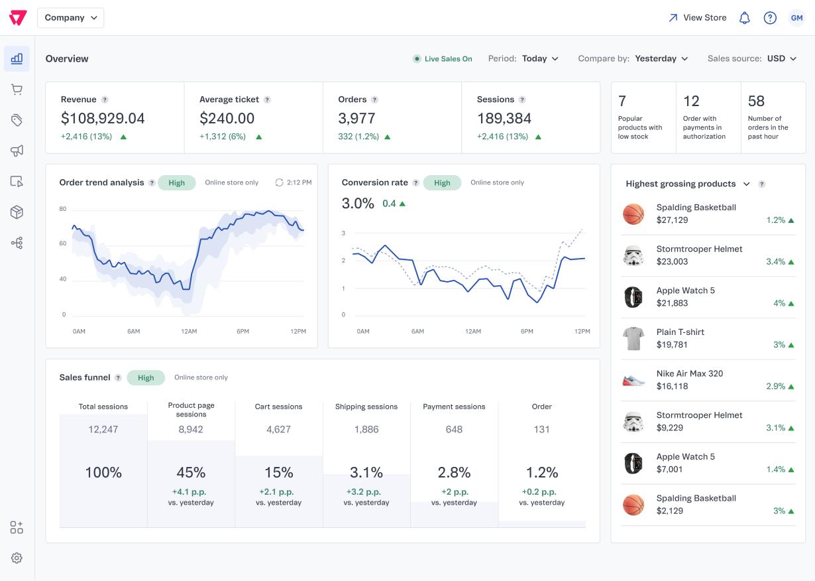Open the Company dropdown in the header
pos(71,18)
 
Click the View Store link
pos(698,18)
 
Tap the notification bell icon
pos(744,18)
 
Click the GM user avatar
pos(796,18)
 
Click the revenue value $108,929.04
pos(103,118)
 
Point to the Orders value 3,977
pos(356,118)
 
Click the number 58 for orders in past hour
pos(756,101)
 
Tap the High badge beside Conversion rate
pos(442,183)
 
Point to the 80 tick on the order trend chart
pos(63,209)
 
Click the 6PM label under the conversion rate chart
pos(527,332)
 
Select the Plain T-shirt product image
pos(633,338)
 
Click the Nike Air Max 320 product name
pos(690,373)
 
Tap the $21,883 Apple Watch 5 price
pos(672,303)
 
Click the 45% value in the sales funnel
pos(191,473)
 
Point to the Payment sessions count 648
pos(454,430)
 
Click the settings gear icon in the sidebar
pos(17,558)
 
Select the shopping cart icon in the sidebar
pos(17,90)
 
